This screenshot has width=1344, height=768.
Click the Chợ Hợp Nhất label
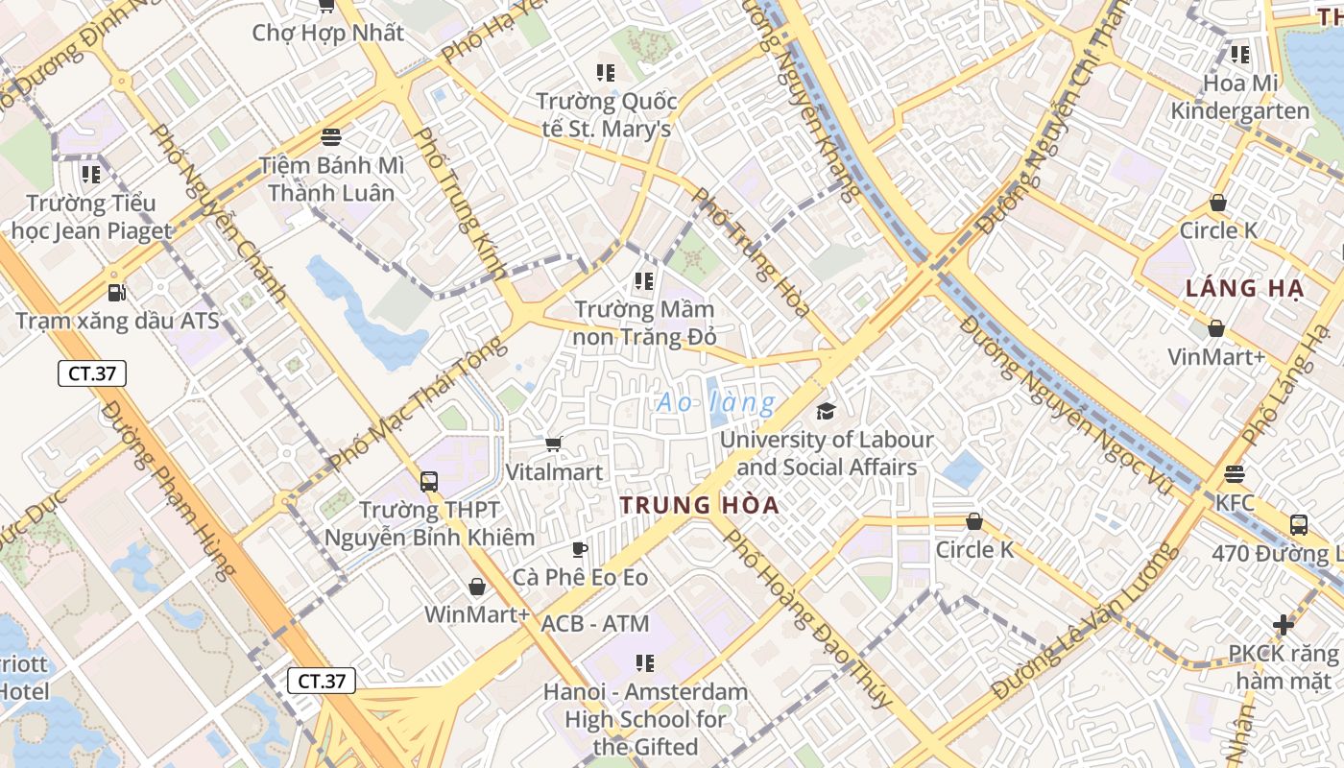(x=327, y=33)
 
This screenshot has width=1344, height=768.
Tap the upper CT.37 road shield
(x=92, y=373)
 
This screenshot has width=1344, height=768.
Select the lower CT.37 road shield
(x=322, y=681)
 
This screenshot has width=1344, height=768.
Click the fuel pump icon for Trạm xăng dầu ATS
(x=116, y=292)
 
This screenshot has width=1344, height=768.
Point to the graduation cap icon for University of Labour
(x=826, y=412)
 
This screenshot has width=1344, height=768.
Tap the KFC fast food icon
(x=1235, y=474)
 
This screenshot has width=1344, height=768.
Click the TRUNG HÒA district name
(x=698, y=505)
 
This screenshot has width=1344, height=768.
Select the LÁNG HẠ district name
(x=1243, y=288)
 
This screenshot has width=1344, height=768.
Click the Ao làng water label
(x=715, y=403)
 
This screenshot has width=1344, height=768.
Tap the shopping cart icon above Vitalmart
(x=553, y=444)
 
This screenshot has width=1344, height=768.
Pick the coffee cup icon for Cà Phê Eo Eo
(x=579, y=549)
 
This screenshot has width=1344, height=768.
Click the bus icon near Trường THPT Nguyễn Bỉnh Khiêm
(x=429, y=482)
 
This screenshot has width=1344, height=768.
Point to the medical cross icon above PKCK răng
(x=1284, y=625)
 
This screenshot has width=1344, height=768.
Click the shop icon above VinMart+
(x=1216, y=329)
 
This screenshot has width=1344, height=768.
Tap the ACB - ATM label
(x=595, y=623)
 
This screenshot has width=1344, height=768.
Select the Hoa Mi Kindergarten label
(x=1239, y=97)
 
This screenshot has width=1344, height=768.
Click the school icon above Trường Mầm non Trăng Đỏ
(x=644, y=281)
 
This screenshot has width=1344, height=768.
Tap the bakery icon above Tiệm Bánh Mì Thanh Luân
(x=331, y=137)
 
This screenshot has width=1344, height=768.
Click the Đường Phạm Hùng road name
(x=169, y=491)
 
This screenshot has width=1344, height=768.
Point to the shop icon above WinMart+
(x=477, y=587)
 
